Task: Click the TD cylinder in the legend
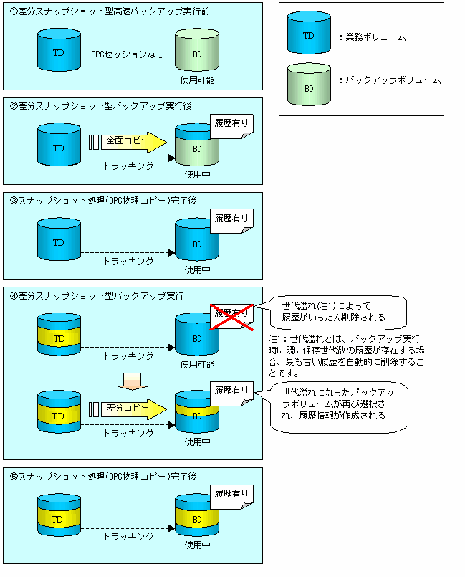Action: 308,35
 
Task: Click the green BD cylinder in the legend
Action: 308,87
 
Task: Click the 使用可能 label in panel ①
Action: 197,79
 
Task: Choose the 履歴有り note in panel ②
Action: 231,123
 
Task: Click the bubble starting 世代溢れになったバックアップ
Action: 337,405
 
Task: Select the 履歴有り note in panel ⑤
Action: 231,494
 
